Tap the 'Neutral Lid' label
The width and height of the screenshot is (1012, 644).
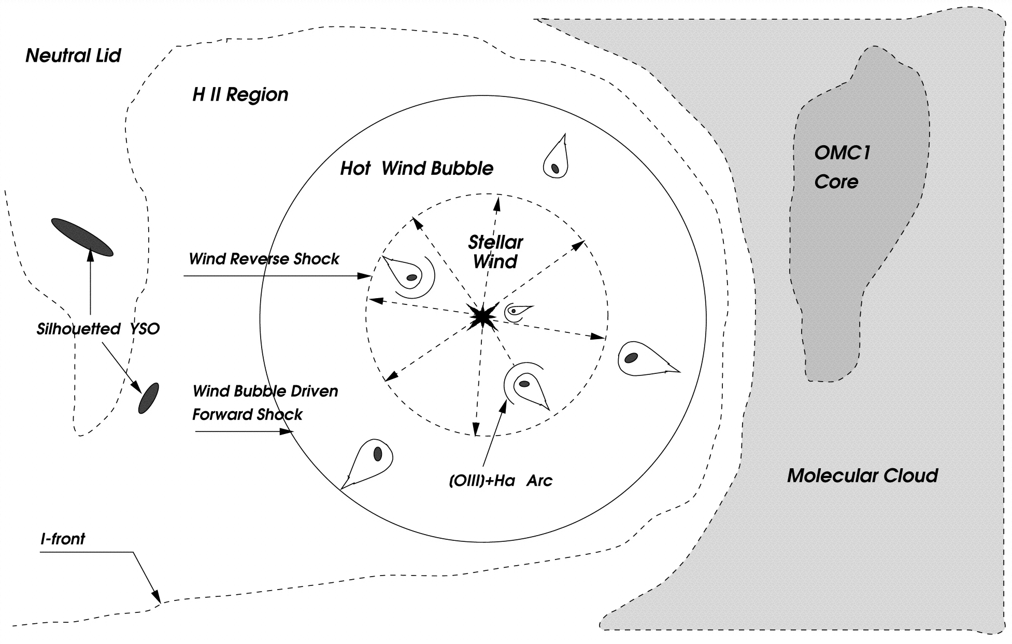73,55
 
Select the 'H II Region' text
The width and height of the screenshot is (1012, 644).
240,94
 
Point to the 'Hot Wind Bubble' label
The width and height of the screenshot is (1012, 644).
417,169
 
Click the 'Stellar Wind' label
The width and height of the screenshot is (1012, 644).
495,252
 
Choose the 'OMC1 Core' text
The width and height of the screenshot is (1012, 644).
842,167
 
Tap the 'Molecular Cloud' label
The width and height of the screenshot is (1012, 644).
862,475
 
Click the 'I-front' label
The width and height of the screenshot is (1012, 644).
63,539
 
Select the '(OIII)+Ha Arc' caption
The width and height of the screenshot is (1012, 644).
501,481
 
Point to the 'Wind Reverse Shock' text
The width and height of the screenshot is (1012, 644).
264,259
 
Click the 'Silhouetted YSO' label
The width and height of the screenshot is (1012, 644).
98,329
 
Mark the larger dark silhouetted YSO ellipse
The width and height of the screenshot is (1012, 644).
82,237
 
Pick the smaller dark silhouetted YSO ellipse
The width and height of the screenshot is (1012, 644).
148,398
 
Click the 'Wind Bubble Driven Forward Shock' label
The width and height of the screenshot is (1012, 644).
265,402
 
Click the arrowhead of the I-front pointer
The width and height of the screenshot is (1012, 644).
157,598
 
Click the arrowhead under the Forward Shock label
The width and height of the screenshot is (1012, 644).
288,431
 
